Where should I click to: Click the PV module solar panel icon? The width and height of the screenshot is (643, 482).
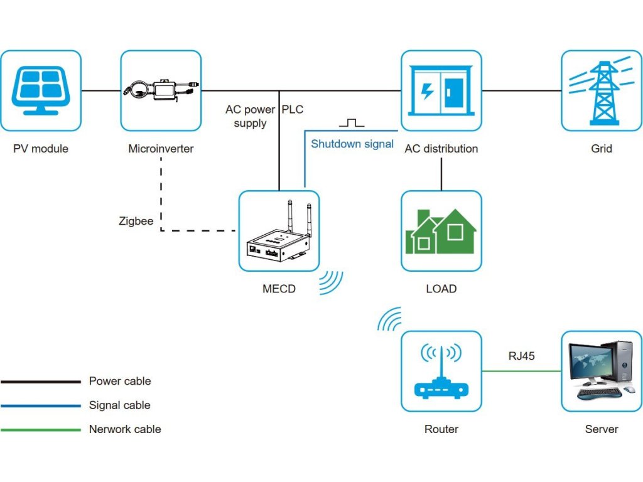(x=41, y=90)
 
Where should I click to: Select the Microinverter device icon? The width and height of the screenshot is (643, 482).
(x=161, y=90)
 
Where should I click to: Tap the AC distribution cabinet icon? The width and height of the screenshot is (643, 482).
(x=441, y=90)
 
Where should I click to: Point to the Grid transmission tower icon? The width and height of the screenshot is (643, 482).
(x=601, y=90)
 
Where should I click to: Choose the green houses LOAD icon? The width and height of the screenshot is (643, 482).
(x=441, y=231)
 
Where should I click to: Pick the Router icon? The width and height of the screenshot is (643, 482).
(x=441, y=371)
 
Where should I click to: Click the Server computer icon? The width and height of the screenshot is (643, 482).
(x=601, y=371)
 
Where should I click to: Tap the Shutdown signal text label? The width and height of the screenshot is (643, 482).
(x=352, y=144)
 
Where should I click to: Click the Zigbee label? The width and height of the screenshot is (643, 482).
(x=136, y=221)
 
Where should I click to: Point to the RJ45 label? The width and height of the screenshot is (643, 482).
(x=521, y=356)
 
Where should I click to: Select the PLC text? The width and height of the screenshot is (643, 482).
(x=293, y=109)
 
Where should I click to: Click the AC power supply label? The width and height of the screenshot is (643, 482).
(x=250, y=116)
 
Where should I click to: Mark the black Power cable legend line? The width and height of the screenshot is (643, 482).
(x=41, y=381)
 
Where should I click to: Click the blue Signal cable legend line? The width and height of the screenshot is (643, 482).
(x=41, y=405)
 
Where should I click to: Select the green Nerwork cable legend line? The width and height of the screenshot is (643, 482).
(x=41, y=430)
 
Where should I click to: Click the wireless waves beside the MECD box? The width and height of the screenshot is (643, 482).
(x=331, y=282)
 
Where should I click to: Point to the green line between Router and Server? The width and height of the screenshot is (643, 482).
(x=521, y=371)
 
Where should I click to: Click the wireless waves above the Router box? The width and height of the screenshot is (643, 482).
(x=389, y=319)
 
